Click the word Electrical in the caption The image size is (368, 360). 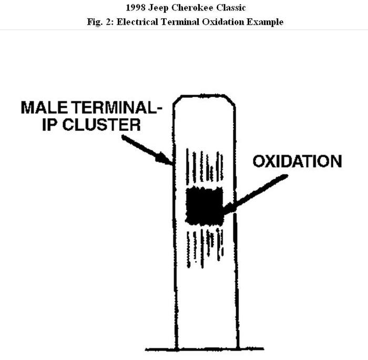point(132,22)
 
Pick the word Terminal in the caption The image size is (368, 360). point(170,22)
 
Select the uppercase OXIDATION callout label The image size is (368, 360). point(297,161)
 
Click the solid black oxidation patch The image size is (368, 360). point(205,205)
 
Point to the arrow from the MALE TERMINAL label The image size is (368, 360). point(147,150)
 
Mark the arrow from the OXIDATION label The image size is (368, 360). point(255,194)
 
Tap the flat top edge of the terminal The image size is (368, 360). point(205,96)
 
